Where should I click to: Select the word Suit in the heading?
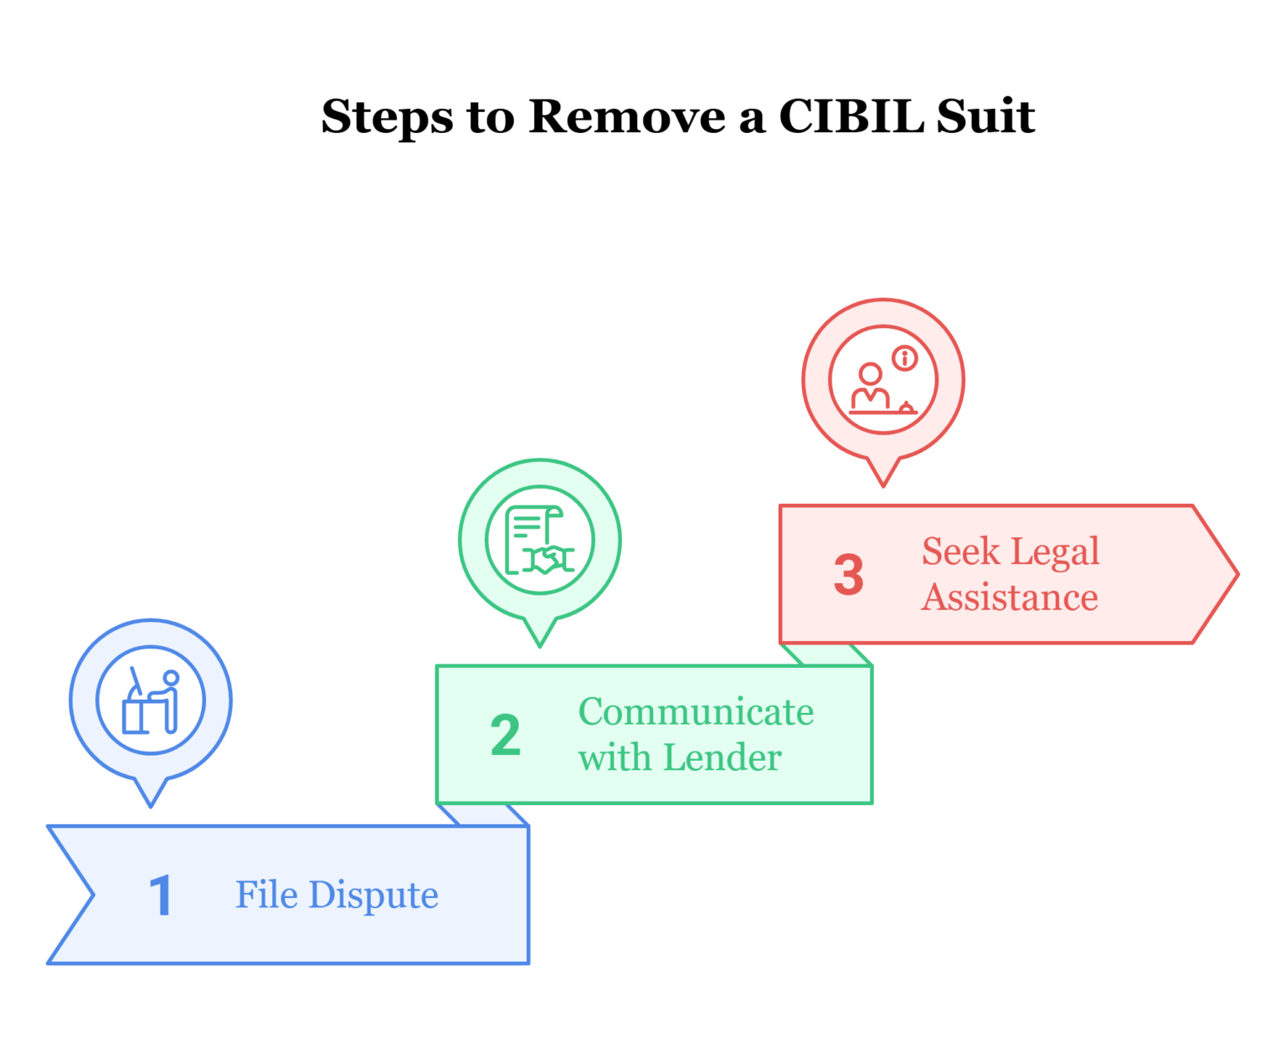(985, 116)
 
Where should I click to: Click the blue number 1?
(160, 896)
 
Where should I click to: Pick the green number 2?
(505, 736)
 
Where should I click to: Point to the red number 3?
(848, 575)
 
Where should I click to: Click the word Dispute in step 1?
(373, 895)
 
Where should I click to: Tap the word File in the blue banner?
(266, 895)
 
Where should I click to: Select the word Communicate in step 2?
(696, 712)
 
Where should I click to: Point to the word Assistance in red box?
(1010, 598)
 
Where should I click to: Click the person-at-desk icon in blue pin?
(151, 701)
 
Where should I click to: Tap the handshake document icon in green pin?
(540, 541)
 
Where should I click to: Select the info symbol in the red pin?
(904, 359)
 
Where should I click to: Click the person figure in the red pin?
(871, 387)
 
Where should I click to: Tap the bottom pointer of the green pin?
(540, 640)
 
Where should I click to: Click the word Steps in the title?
(387, 116)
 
